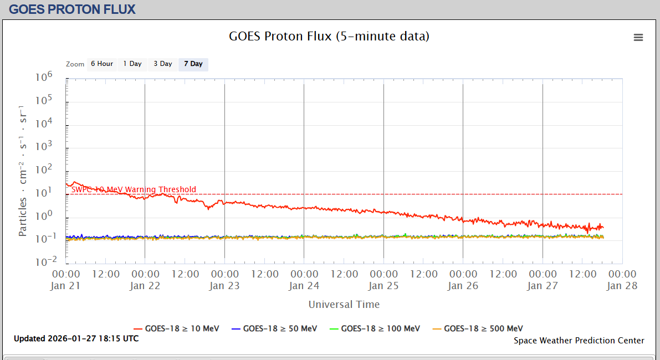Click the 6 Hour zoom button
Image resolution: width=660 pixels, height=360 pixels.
click(x=102, y=64)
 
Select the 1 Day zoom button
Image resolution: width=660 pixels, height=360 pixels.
click(x=132, y=64)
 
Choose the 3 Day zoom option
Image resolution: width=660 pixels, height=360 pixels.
click(x=163, y=64)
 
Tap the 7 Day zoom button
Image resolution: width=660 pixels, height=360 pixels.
click(x=193, y=64)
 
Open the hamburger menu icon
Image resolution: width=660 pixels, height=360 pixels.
click(x=638, y=38)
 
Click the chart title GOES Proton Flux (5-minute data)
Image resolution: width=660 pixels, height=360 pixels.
click(x=329, y=37)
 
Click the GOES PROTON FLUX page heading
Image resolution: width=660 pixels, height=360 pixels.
click(x=72, y=9)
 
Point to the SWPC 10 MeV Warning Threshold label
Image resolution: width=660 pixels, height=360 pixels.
click(x=134, y=189)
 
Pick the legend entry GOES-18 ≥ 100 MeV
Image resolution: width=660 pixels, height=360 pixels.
click(x=375, y=328)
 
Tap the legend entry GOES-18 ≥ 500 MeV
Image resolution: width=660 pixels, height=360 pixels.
click(x=478, y=328)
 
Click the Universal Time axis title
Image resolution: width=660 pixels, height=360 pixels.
click(x=344, y=304)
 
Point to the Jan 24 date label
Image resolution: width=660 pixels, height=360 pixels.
click(x=304, y=286)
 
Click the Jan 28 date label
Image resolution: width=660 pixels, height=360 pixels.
click(x=622, y=286)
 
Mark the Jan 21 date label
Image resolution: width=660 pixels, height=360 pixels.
click(x=66, y=286)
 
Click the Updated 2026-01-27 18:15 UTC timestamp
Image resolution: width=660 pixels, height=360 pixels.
click(x=76, y=338)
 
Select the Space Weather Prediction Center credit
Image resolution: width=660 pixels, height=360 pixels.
click(x=579, y=341)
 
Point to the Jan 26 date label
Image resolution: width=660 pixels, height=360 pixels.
click(x=463, y=286)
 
